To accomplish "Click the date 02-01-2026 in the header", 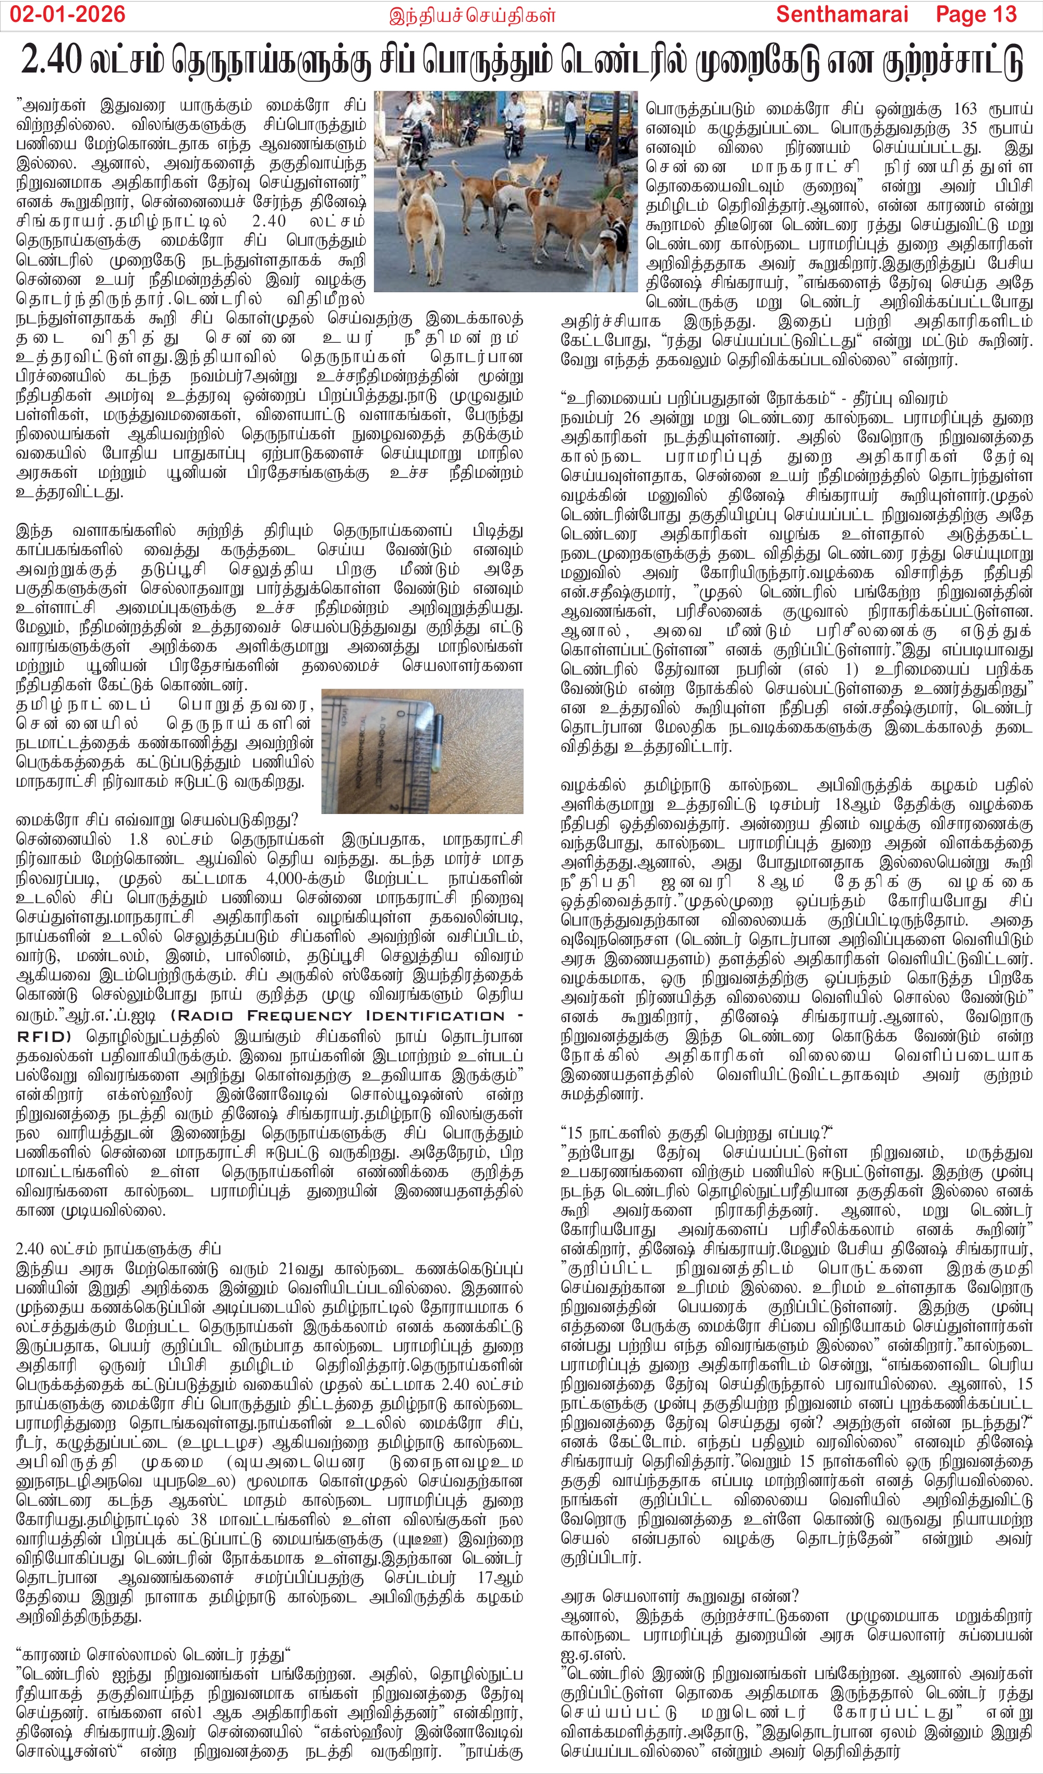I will (x=68, y=14).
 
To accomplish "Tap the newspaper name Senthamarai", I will (x=842, y=14).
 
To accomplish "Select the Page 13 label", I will (x=976, y=14).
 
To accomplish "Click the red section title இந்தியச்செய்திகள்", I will (x=472, y=16).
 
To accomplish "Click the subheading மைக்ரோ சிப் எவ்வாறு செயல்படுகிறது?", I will (x=157, y=819).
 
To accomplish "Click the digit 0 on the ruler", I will (x=401, y=712).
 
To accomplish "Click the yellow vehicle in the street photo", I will (x=607, y=113).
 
